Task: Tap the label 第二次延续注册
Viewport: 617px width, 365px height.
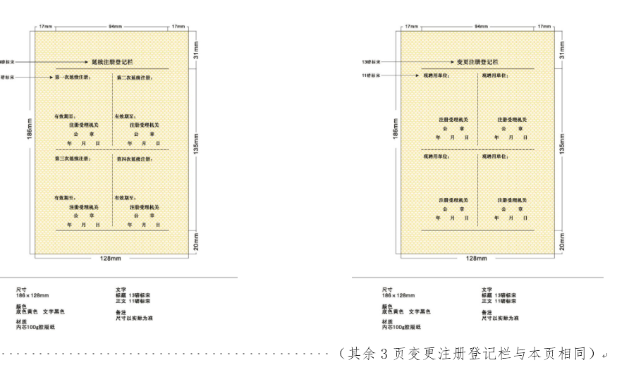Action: coord(135,77)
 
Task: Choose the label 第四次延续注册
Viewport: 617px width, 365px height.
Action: coord(135,159)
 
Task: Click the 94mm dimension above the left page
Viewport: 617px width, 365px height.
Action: coord(114,27)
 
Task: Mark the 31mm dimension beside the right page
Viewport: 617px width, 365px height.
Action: coord(562,49)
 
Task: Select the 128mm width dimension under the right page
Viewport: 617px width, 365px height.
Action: coord(477,259)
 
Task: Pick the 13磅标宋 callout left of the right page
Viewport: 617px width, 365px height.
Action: coord(371,62)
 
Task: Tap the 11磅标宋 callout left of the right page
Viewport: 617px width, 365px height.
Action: coord(371,75)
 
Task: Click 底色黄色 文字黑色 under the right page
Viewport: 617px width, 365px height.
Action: coord(406,311)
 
